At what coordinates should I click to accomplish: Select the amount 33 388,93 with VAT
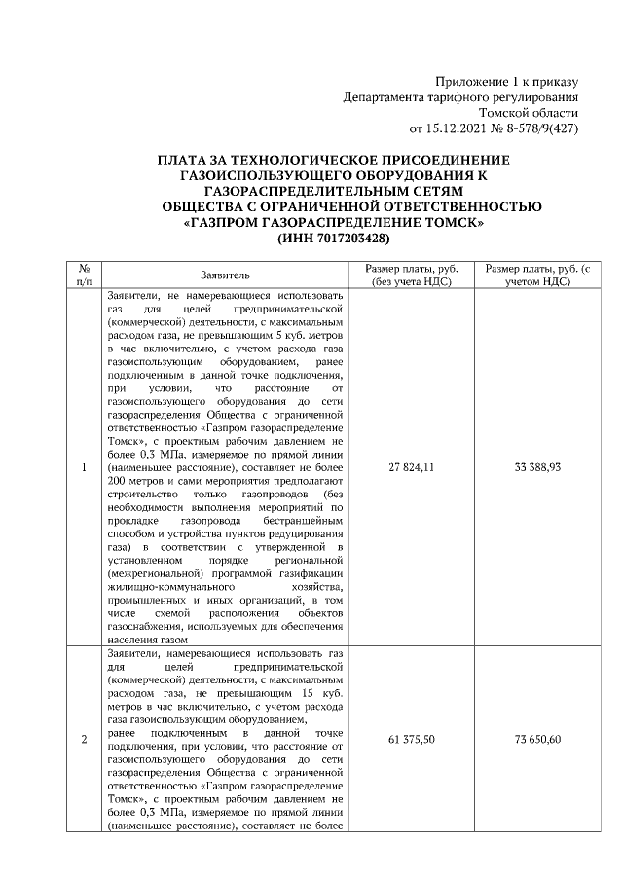tap(536, 468)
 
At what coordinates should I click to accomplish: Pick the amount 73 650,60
tap(536, 741)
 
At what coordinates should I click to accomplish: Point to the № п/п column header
tap(84, 275)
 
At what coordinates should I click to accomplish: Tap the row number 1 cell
tap(84, 468)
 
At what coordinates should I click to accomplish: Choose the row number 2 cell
tap(84, 741)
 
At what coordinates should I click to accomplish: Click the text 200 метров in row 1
tap(134, 481)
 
